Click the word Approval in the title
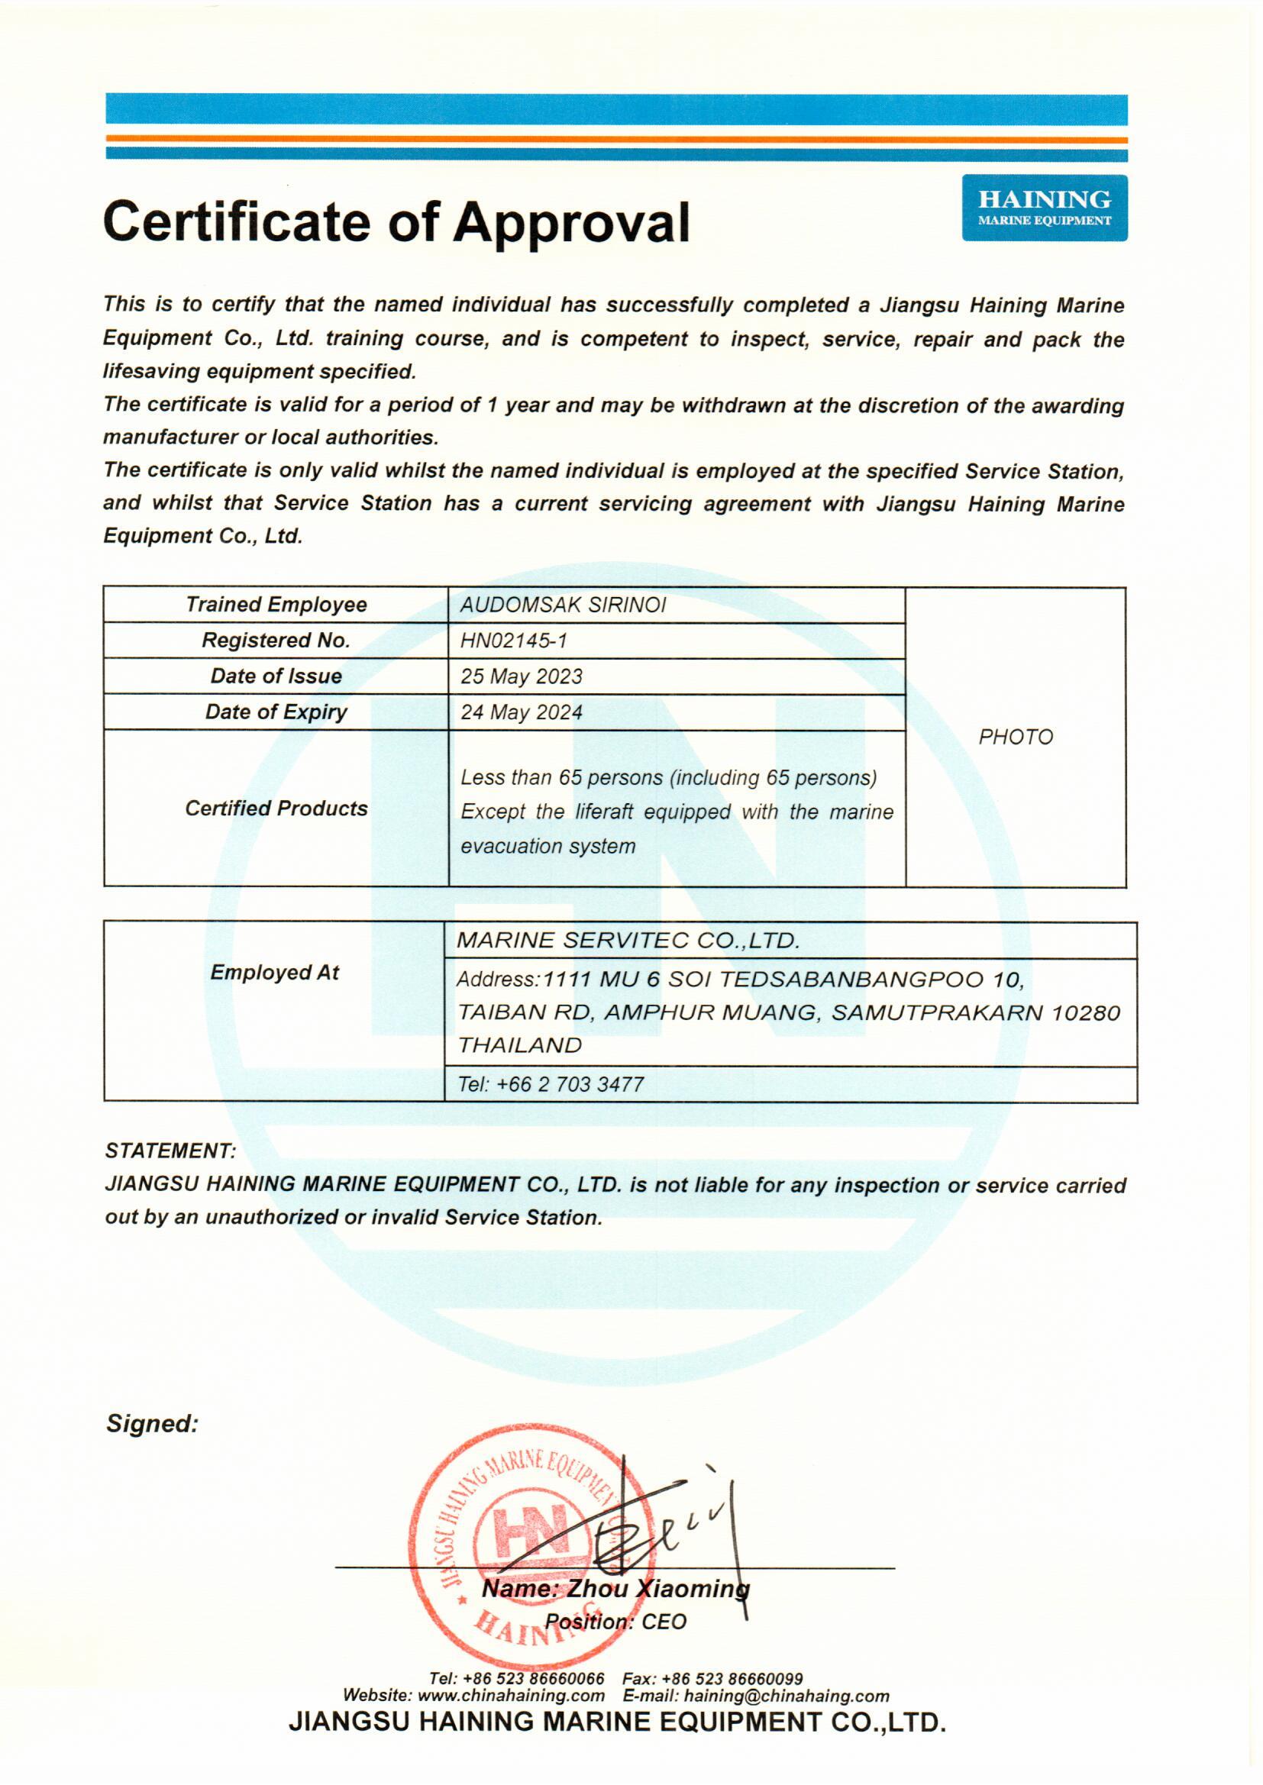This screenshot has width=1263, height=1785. coord(571,222)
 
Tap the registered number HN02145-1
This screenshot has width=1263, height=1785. coord(513,641)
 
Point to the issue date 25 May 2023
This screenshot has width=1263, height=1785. coord(521,676)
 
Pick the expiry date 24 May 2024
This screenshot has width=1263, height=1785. coord(521,712)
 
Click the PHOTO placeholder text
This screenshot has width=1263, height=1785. coord(1015,737)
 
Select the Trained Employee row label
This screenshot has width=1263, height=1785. coord(276,605)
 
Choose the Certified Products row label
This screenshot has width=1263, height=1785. coord(276,809)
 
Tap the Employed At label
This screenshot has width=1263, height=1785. coord(275,973)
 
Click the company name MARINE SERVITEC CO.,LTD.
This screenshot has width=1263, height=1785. coord(628,941)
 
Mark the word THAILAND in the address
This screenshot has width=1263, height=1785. coord(518,1046)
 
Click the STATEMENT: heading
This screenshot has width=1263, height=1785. coord(170,1151)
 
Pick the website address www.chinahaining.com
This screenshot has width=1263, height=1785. coord(511,1696)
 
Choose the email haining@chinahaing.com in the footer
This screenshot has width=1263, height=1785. coord(787,1696)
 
